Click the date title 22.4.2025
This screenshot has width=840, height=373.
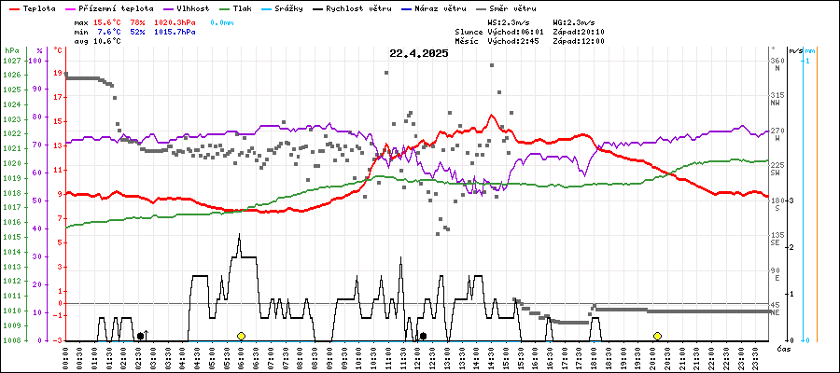(419, 53)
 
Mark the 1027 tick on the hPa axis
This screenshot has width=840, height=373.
(11, 61)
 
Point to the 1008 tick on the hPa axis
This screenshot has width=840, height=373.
(11, 340)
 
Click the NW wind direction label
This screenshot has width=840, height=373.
(777, 104)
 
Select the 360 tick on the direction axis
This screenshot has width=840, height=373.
(777, 61)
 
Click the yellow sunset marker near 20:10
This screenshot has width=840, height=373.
(657, 336)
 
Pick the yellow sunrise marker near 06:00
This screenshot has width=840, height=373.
(241, 336)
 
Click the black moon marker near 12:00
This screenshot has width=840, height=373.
(423, 336)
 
